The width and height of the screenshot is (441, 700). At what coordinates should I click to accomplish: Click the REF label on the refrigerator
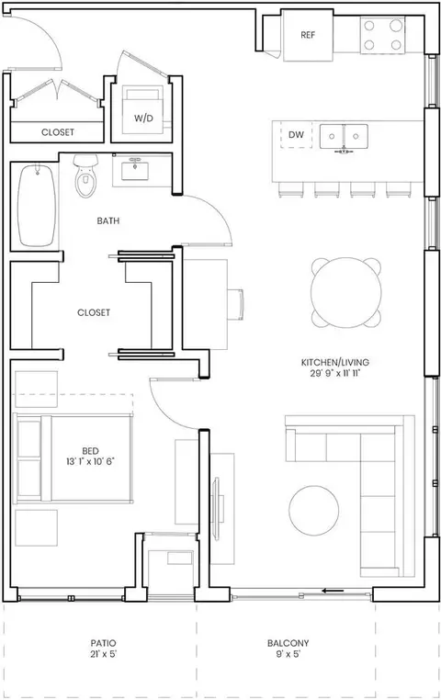tap(308, 35)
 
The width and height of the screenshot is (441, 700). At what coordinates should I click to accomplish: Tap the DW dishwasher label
tap(296, 134)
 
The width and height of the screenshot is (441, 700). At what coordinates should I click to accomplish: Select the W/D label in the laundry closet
tap(143, 119)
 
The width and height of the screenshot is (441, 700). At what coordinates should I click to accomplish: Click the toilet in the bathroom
tap(85, 175)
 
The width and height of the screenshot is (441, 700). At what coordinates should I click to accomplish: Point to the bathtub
tap(37, 206)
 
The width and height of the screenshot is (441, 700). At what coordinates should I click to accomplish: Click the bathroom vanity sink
tap(135, 171)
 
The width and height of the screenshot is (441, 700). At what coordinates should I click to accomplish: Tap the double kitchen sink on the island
tap(344, 137)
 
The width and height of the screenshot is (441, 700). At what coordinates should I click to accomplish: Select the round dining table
tap(346, 292)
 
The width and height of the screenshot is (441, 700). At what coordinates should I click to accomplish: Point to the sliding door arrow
tap(333, 591)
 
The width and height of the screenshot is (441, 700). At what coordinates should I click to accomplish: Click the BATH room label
tap(108, 220)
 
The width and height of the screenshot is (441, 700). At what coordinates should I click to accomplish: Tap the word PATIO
tap(103, 643)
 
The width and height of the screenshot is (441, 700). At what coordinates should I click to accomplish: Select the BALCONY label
tap(288, 643)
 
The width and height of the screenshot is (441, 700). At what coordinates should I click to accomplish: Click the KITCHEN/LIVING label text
tap(335, 362)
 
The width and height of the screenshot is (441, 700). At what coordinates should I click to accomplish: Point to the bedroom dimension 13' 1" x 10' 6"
tap(91, 461)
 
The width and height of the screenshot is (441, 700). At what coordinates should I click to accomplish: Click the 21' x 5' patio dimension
tap(103, 654)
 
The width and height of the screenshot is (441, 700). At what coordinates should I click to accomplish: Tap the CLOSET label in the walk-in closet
tap(94, 312)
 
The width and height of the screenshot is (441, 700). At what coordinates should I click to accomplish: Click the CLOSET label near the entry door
tap(58, 132)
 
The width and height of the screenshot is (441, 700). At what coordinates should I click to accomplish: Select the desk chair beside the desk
tap(236, 304)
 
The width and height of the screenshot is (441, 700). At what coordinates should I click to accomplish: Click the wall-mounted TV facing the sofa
tap(217, 507)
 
